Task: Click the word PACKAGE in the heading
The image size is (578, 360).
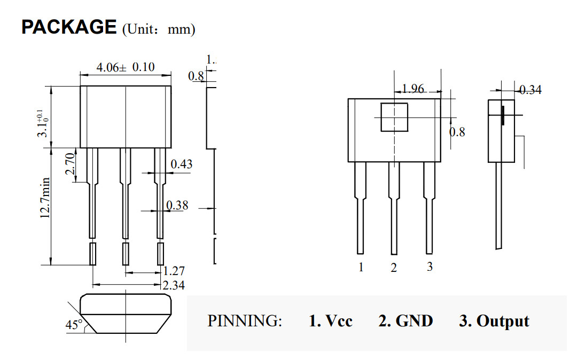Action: [x=68, y=27]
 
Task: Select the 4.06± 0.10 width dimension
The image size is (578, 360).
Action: [x=125, y=67]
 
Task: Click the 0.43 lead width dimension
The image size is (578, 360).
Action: [x=181, y=164]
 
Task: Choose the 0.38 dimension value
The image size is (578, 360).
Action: [x=177, y=205]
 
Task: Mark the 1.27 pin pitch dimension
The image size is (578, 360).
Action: [x=174, y=271]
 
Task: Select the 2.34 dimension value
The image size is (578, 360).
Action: [x=174, y=285]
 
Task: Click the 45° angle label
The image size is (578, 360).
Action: [x=73, y=324]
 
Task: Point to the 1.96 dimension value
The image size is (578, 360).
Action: [x=412, y=89]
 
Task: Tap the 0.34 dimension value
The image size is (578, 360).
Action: [x=530, y=90]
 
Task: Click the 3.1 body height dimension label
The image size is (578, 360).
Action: [x=43, y=123]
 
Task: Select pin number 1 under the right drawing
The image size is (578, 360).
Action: [x=361, y=267]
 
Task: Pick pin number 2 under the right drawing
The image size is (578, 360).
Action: [x=394, y=268]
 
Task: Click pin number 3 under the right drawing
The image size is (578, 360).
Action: [x=429, y=267]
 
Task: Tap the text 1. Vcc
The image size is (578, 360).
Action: [x=331, y=321]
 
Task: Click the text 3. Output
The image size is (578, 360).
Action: [x=494, y=321]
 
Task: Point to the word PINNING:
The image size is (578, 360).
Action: [x=244, y=321]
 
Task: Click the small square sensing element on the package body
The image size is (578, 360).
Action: [x=394, y=118]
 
